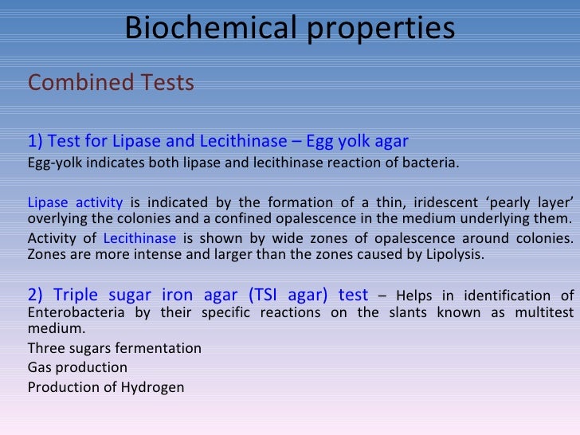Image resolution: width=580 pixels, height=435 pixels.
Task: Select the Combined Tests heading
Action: tap(111, 83)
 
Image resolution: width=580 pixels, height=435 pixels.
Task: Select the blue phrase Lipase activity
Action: tap(75, 202)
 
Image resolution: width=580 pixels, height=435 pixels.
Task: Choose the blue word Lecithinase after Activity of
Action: tap(139, 238)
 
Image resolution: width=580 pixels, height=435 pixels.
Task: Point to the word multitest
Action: tap(535, 312)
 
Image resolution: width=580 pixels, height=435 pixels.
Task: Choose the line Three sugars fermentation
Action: tap(115, 348)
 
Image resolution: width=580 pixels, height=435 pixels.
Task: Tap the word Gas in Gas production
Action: tap(39, 367)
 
